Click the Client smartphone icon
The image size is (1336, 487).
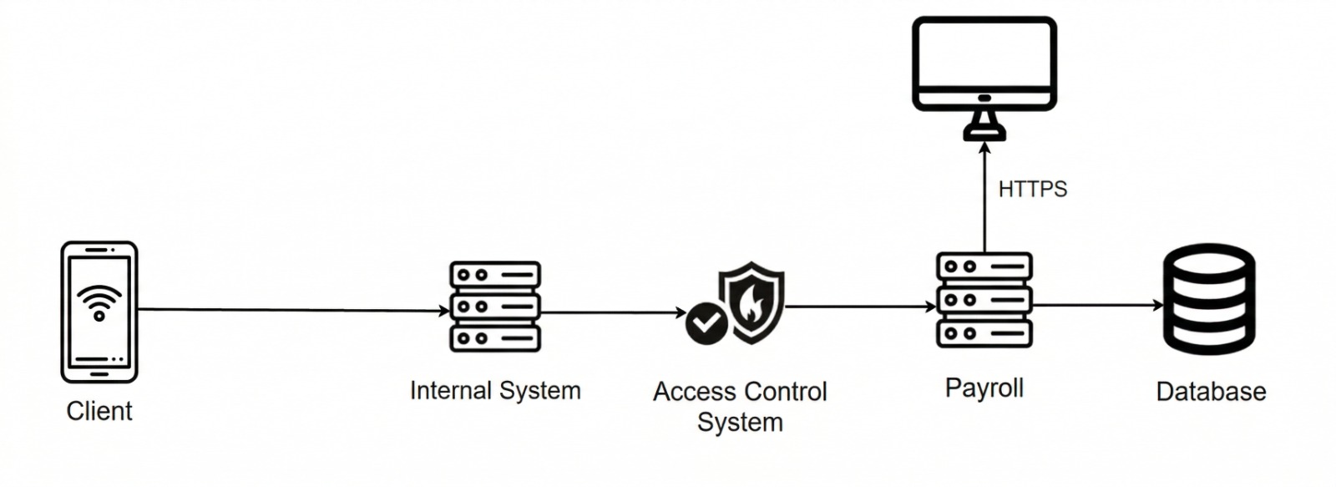pyautogui.click(x=99, y=311)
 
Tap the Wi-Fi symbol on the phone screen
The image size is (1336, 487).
pyautogui.click(x=99, y=302)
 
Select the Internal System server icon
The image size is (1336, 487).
pyautogui.click(x=495, y=306)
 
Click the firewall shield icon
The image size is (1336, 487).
pyautogui.click(x=751, y=302)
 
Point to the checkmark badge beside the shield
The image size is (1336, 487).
pyautogui.click(x=706, y=322)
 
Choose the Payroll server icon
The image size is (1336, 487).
pyautogui.click(x=984, y=299)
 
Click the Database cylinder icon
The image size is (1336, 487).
pyautogui.click(x=1209, y=299)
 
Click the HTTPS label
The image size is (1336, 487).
pyautogui.click(x=1032, y=190)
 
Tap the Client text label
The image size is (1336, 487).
pyautogui.click(x=99, y=411)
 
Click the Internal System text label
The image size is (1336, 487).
pyautogui.click(x=495, y=390)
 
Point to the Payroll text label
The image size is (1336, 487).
pyautogui.click(x=984, y=388)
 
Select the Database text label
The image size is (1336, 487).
pyautogui.click(x=1211, y=391)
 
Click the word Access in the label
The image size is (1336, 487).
pyautogui.click(x=693, y=391)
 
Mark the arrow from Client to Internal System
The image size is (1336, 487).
pyautogui.click(x=292, y=310)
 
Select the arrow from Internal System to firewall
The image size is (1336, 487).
pyautogui.click(x=613, y=312)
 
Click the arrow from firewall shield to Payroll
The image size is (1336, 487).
pyautogui.click(x=860, y=307)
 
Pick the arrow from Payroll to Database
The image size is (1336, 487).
pyautogui.click(x=1097, y=305)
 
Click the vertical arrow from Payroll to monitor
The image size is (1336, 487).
pyautogui.click(x=984, y=200)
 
